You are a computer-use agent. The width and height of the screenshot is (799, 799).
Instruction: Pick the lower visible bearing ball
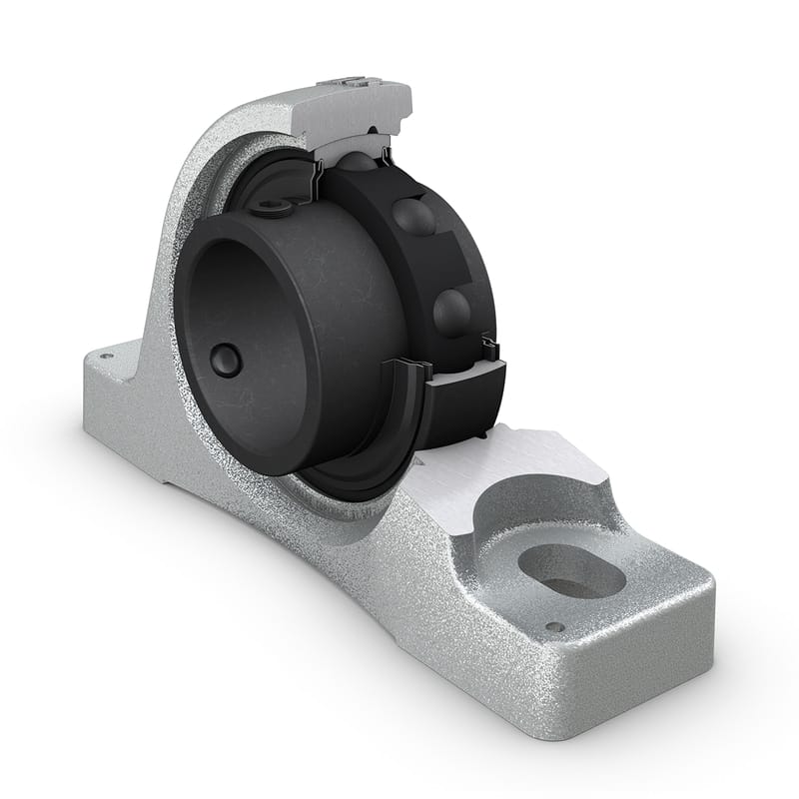[451, 312]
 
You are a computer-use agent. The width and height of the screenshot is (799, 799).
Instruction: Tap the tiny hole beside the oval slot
[554, 627]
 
